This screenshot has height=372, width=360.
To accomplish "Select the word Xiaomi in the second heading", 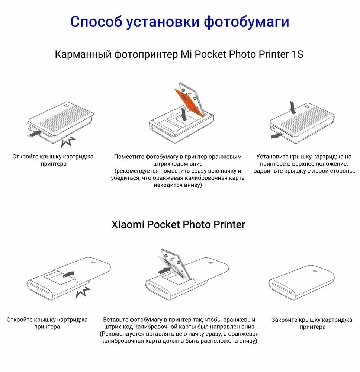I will click(x=128, y=225).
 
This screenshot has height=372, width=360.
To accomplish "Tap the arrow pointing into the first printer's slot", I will click(x=35, y=133).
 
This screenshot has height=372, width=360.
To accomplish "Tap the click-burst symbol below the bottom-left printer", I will click(x=83, y=293).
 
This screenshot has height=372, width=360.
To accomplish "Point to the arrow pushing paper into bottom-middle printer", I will click(x=164, y=270).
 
